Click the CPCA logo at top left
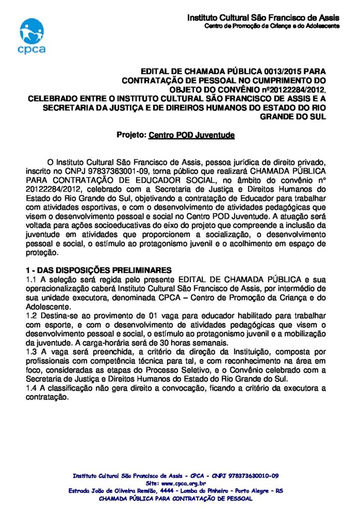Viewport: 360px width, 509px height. (32, 35)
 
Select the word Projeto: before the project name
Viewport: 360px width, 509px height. (131, 135)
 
